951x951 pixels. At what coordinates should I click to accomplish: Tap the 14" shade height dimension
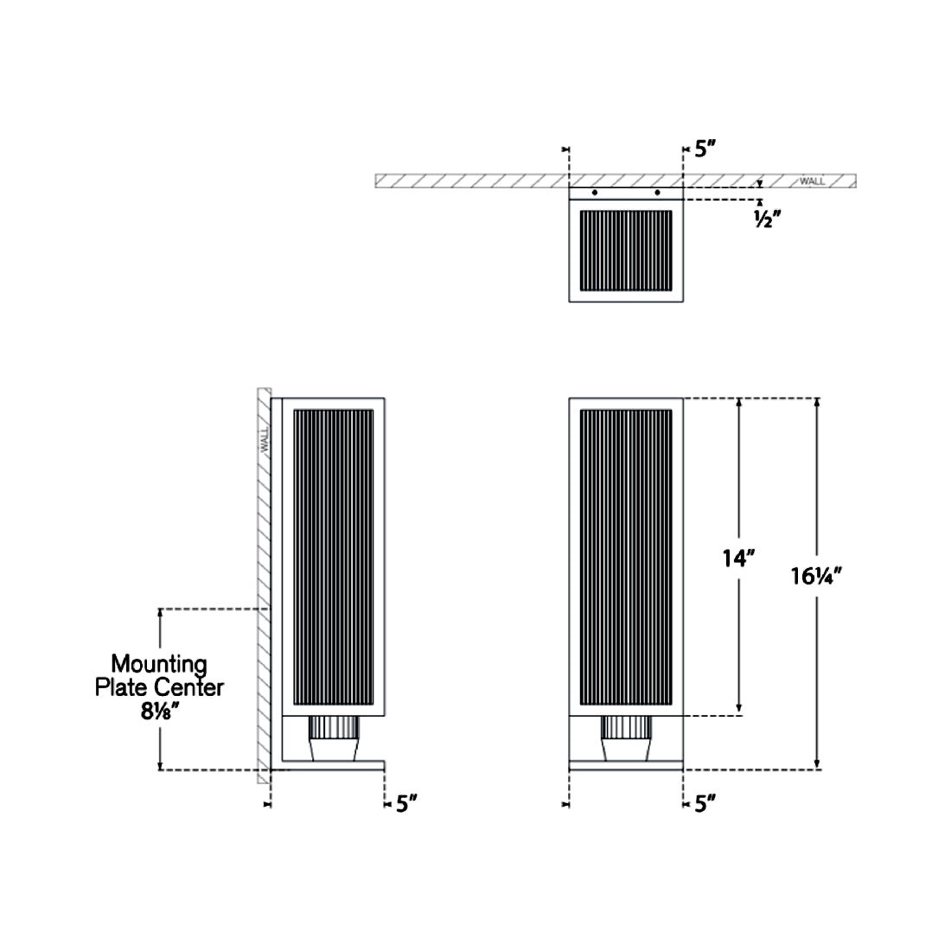[739, 558]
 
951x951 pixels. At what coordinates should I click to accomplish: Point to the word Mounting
[159, 664]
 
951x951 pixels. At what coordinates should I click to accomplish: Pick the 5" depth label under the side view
[407, 804]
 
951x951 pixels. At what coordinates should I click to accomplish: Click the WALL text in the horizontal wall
[812, 182]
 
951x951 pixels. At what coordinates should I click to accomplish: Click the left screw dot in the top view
[594, 192]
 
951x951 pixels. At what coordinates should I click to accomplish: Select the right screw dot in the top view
[658, 192]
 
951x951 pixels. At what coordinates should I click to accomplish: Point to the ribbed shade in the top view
[626, 250]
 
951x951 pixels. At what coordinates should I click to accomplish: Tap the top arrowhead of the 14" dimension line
[739, 404]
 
